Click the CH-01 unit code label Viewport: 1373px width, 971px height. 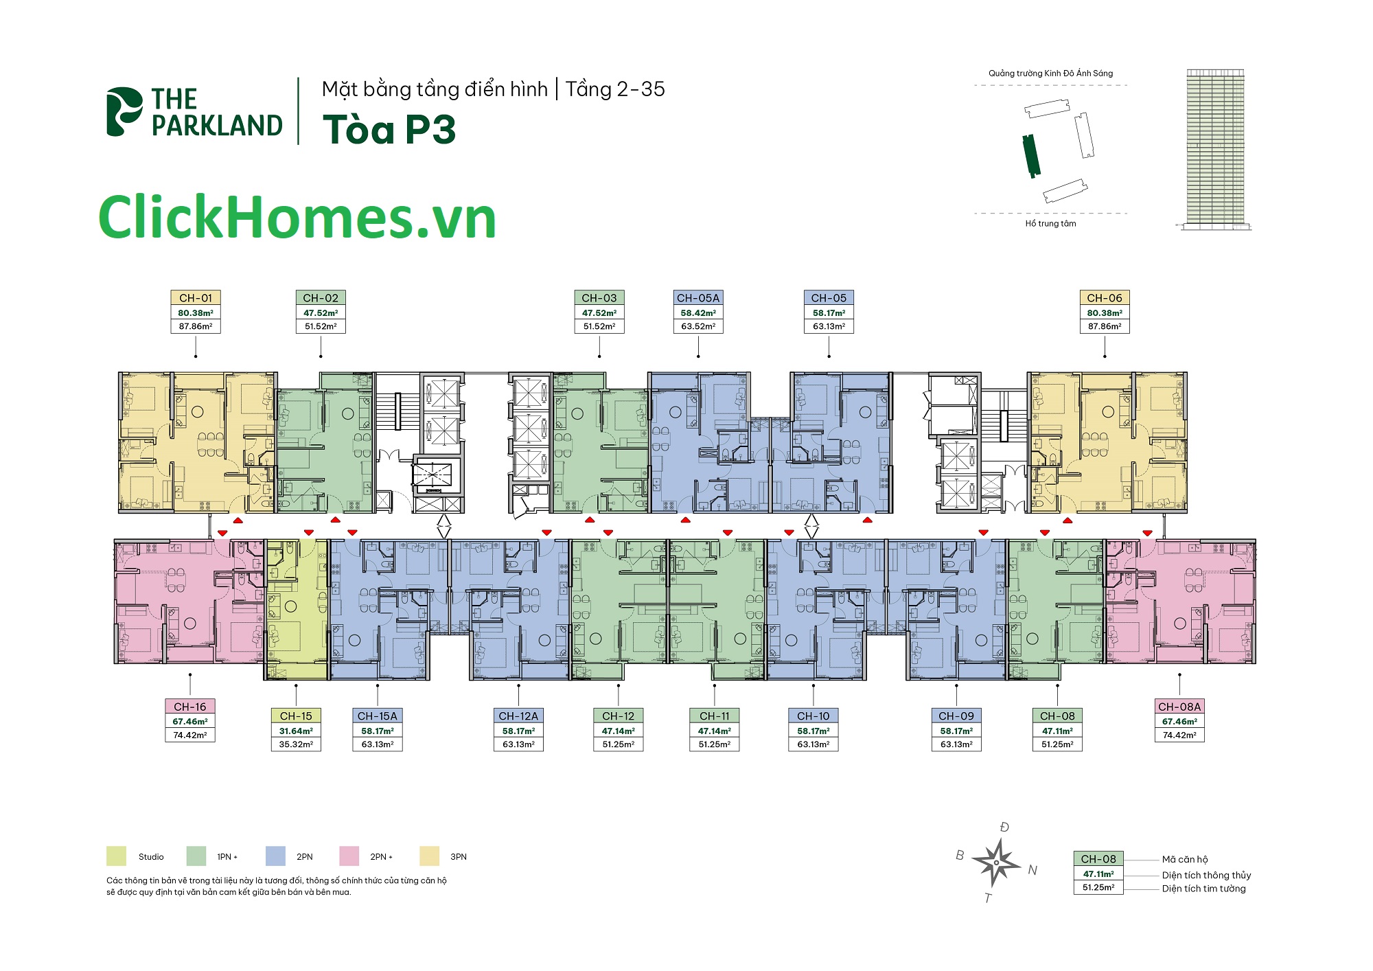[x=196, y=298]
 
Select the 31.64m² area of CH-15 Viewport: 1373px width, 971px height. [x=296, y=731]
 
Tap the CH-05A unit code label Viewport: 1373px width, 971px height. [x=698, y=298]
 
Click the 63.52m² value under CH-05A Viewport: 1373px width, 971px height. [x=698, y=326]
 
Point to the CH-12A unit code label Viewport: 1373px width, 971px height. [x=518, y=716]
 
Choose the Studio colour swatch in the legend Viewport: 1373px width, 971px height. [x=116, y=856]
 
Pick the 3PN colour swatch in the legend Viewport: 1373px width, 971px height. [x=429, y=856]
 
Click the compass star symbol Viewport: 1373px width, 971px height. [x=996, y=863]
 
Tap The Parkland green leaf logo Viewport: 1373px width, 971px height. [x=124, y=111]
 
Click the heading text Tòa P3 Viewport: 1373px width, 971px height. [x=389, y=129]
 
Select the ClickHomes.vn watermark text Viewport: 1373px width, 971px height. [x=297, y=218]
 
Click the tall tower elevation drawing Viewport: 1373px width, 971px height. [x=1215, y=148]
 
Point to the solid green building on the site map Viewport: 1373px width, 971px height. [x=1031, y=156]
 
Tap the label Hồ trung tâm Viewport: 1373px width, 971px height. [x=1050, y=223]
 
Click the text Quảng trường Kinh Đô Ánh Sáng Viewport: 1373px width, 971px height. [x=1050, y=73]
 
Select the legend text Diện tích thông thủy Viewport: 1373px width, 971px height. [x=1206, y=875]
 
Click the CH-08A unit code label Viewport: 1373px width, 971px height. [x=1179, y=707]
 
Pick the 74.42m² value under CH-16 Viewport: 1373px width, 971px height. [x=190, y=735]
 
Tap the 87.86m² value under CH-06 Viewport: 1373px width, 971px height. [x=1105, y=326]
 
